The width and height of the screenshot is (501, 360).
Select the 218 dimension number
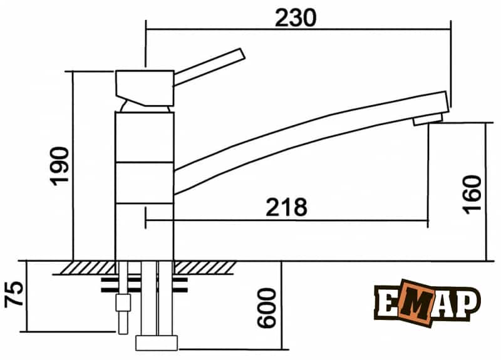tap(286, 207)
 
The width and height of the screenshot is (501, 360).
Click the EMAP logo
tap(427, 303)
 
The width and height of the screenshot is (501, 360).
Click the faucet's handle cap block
tap(145, 87)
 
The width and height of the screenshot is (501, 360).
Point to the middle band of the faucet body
tap(144, 182)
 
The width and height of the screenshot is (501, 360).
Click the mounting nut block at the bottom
tap(157, 342)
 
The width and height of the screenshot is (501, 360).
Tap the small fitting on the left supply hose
tap(122, 305)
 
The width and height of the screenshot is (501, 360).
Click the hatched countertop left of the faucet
tap(88, 267)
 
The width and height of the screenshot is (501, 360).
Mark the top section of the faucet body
tap(144, 136)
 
